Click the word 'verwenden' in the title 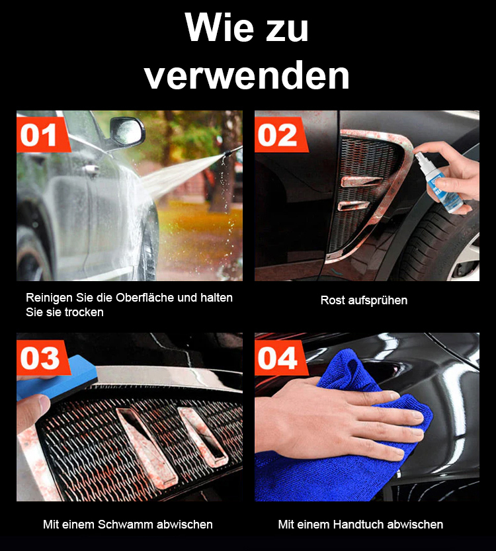tap(247, 76)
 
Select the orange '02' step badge tap(280, 134)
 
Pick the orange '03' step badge tap(42, 358)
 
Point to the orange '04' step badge tap(280, 358)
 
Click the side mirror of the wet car tap(126, 132)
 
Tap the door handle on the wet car tap(91, 169)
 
